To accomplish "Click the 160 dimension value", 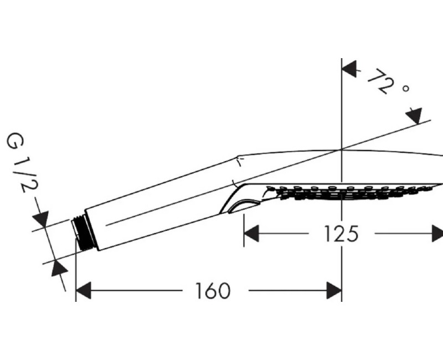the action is pyautogui.click(x=213, y=291).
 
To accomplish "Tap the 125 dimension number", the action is pyautogui.click(x=341, y=234).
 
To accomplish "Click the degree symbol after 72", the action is pyautogui.click(x=406, y=89).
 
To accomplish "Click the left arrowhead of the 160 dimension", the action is pyautogui.click(x=84, y=290).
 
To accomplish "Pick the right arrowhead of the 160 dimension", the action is pyautogui.click(x=334, y=290).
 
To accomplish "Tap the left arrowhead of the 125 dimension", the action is pyautogui.click(x=251, y=233).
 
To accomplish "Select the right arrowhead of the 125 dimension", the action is pyautogui.click(x=437, y=233).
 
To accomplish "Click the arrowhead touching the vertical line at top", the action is pyautogui.click(x=349, y=69).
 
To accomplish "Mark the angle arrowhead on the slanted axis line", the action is pyautogui.click(x=414, y=115).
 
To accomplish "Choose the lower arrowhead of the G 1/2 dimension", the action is pyautogui.click(x=59, y=268).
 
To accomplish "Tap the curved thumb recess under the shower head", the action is pyautogui.click(x=244, y=205).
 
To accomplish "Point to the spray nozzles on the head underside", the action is pyautogui.click(x=351, y=192).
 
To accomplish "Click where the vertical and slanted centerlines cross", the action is pyautogui.click(x=342, y=149).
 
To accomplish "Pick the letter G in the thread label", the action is pyautogui.click(x=15, y=141).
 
